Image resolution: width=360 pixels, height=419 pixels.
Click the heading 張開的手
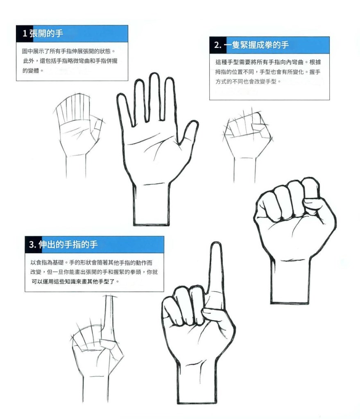pos(46,34)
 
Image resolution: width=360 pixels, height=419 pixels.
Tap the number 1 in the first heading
pos(25,34)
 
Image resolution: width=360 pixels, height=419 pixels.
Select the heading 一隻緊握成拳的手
pos(256,45)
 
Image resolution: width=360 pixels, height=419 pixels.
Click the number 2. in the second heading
pos(217,45)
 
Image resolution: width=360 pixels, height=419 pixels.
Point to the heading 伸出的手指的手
pos(68,244)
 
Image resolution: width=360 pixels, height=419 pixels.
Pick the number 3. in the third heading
pos(33,245)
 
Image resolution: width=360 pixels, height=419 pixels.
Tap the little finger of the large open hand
pos(125,109)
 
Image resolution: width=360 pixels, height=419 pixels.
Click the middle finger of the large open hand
pos(154,97)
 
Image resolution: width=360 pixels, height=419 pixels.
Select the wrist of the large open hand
pos(151,204)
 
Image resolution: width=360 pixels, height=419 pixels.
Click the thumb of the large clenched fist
pos(315,203)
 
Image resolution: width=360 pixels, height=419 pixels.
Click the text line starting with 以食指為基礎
pos(91,263)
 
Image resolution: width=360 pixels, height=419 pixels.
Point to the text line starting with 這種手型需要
pos(268,62)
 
